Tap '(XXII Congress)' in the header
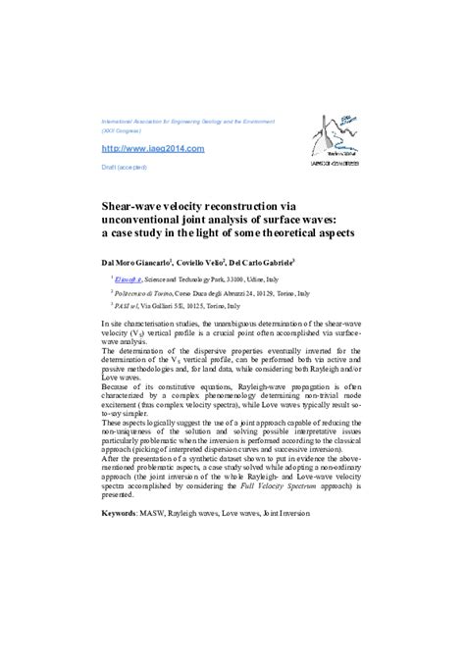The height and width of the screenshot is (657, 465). (123, 130)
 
